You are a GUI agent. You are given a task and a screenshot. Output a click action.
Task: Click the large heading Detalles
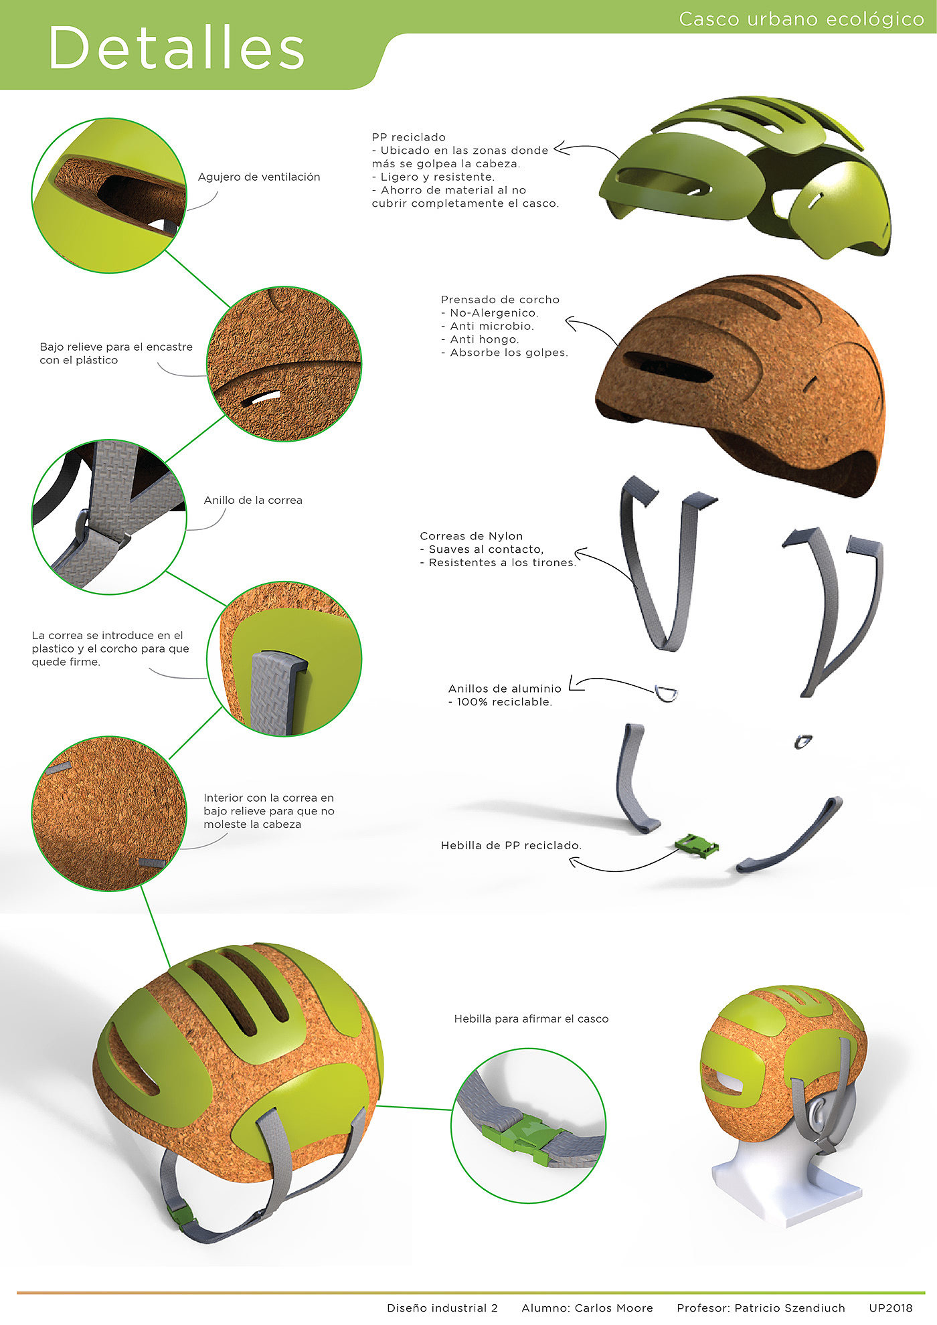pos(177,48)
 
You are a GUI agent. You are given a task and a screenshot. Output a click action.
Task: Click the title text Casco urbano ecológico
pos(801,19)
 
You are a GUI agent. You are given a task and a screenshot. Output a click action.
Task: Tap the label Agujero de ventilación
pos(259,177)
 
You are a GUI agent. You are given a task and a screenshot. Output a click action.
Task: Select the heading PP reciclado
pos(408,137)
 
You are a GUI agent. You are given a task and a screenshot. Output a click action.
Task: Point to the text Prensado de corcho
pos(500,300)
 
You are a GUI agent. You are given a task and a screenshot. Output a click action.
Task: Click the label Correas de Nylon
pos(471,536)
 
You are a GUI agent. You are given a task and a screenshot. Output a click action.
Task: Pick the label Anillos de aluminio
pos(505,689)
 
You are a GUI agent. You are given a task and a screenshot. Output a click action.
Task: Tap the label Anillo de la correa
pos(253,501)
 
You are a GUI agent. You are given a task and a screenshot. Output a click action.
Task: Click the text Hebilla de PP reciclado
pos(511,846)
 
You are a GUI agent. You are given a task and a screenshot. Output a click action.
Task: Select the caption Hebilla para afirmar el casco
pos(531,1019)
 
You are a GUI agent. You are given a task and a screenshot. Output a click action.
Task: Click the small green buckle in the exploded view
pos(697,845)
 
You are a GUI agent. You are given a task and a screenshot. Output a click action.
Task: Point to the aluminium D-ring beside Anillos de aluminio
pos(666,693)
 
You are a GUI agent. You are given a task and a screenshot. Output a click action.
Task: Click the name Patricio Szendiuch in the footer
pos(790,1308)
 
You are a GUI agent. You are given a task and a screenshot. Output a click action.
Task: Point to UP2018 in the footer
pos(891,1308)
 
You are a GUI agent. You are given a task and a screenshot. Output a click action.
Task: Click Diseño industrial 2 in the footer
pos(442,1308)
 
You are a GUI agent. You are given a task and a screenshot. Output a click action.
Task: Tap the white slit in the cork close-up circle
pos(260,399)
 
